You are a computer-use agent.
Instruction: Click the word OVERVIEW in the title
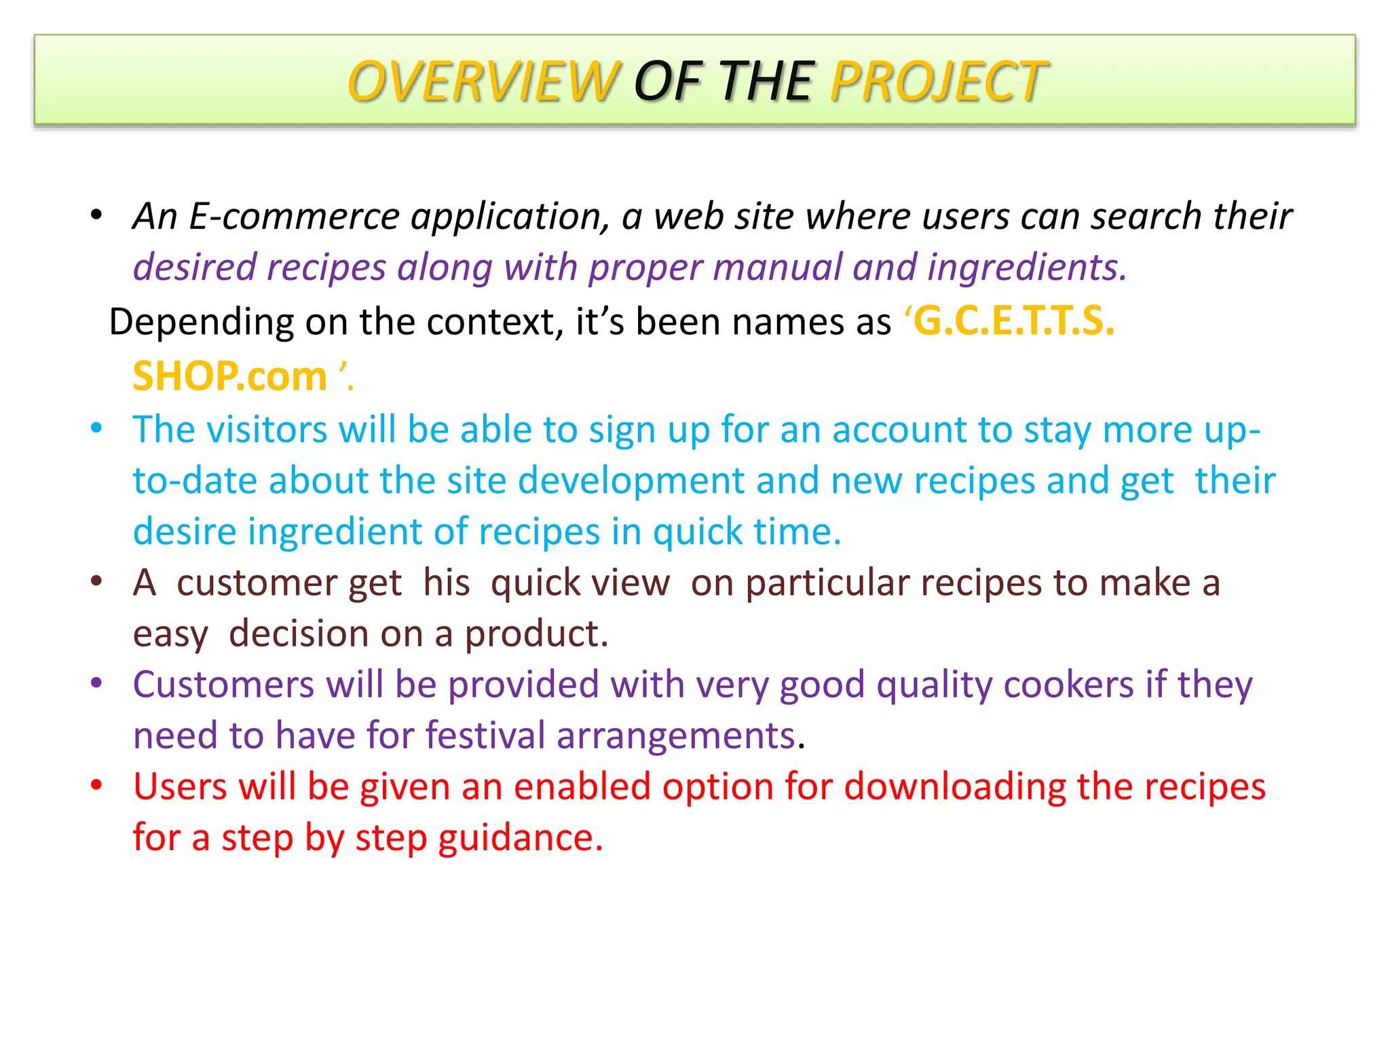[x=483, y=81]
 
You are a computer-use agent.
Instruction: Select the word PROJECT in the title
[x=937, y=81]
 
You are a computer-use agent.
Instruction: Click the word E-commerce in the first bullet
[x=294, y=217]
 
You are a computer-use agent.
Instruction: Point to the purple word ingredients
[x=1026, y=268]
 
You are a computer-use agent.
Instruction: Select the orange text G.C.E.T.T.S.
[x=1013, y=321]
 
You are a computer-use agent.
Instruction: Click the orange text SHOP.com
[x=229, y=376]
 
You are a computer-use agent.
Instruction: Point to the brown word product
[x=536, y=634]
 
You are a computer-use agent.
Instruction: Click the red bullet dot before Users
[x=96, y=786]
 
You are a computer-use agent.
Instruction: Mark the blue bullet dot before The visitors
[x=96, y=428]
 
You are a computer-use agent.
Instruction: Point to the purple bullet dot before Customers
[x=96, y=683]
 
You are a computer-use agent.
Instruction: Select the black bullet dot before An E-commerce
[x=96, y=215]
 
